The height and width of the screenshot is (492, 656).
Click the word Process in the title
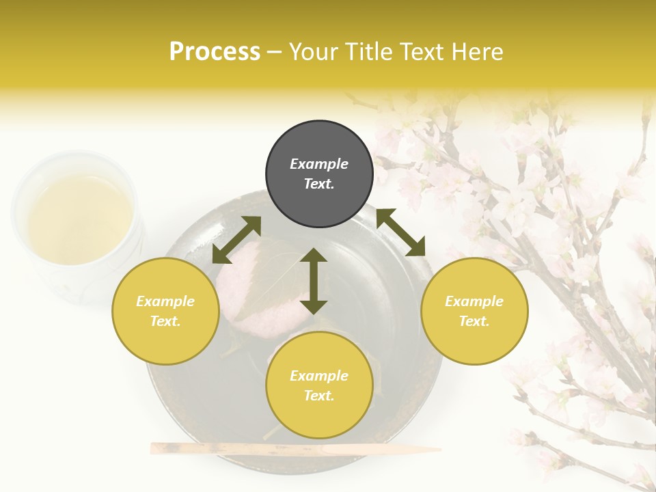[215, 52]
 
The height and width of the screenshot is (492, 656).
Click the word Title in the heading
[367, 52]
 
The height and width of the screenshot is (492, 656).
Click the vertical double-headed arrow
[314, 281]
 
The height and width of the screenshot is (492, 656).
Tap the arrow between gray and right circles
[401, 232]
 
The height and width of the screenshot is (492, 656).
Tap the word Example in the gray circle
[319, 164]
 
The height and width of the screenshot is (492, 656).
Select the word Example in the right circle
[474, 301]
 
